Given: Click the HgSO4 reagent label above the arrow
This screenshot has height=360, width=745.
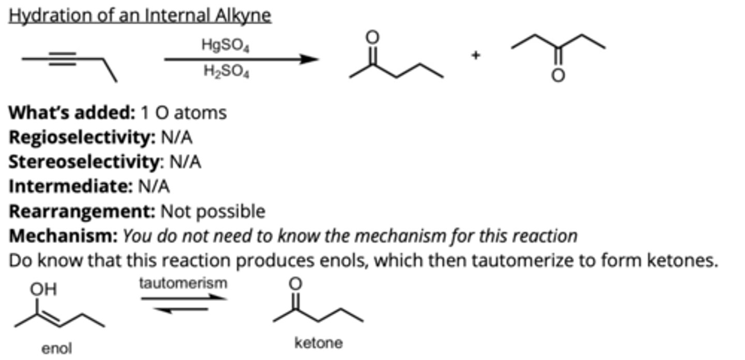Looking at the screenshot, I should [x=226, y=46].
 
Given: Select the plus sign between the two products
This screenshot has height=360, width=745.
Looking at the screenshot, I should [x=476, y=55].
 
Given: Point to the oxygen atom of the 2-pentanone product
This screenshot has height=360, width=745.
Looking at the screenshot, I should [x=372, y=37].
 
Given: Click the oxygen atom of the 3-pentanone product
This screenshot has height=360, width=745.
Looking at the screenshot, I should [x=558, y=76].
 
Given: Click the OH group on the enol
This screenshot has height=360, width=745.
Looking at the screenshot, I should [x=43, y=289].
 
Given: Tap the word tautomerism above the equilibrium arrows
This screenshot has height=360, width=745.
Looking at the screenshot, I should [x=183, y=283].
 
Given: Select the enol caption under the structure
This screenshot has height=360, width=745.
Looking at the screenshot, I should [x=56, y=349].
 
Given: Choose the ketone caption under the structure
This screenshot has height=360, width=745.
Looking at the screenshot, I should [x=318, y=342].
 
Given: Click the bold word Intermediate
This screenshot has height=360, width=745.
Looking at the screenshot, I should [x=70, y=186].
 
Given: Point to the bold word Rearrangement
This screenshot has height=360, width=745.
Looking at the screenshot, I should [x=82, y=211].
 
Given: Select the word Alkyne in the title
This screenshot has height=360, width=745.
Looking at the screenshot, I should [x=244, y=16].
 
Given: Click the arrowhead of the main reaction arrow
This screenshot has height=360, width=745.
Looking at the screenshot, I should [x=310, y=59].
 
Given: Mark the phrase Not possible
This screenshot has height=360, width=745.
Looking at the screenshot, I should [x=213, y=211].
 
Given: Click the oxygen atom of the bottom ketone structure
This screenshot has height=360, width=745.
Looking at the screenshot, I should [x=294, y=283].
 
